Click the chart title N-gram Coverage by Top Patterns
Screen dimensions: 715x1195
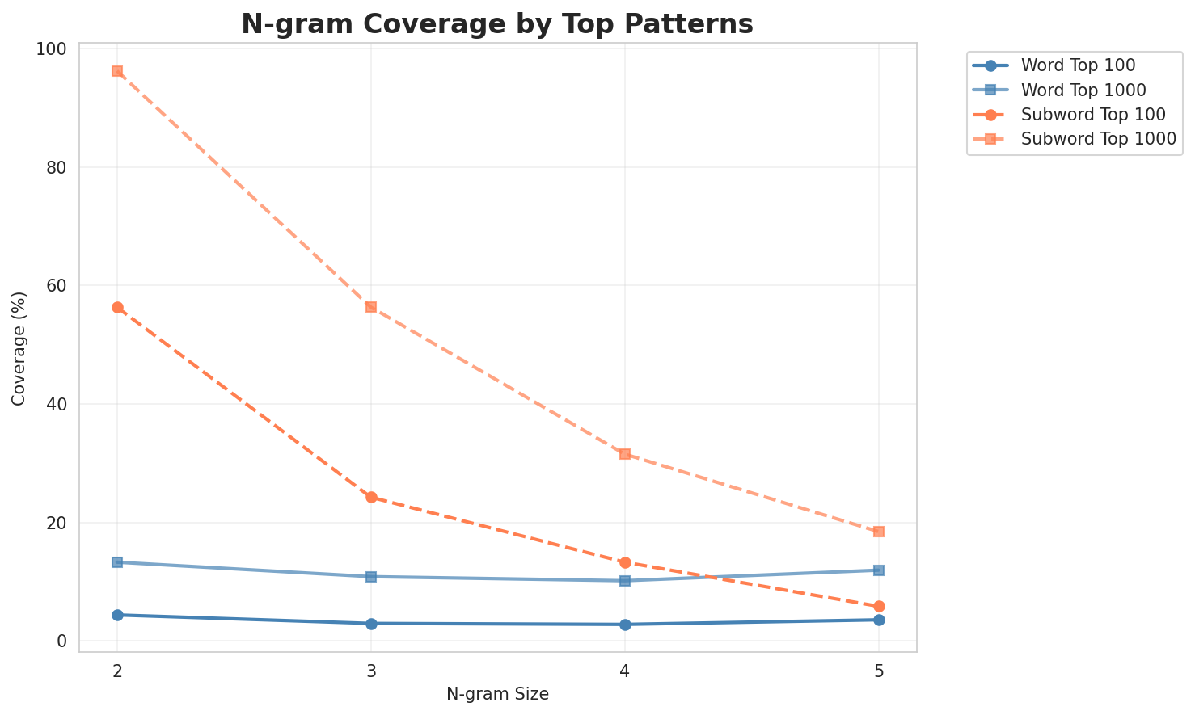(x=497, y=24)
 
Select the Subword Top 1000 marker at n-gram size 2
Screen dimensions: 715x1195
(x=117, y=71)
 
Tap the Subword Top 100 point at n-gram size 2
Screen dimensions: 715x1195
(x=117, y=307)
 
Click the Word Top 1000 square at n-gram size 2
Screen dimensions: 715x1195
(x=117, y=562)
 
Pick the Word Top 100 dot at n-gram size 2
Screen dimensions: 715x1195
(x=117, y=615)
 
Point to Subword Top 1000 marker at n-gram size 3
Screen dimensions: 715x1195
(x=371, y=307)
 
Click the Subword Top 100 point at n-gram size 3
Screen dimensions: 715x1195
(x=371, y=497)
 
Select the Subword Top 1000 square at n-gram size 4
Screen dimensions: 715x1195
(x=625, y=454)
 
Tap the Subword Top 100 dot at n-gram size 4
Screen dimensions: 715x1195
(x=625, y=562)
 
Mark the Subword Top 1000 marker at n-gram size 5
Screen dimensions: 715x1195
(x=879, y=532)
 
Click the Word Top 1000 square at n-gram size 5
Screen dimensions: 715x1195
(x=879, y=570)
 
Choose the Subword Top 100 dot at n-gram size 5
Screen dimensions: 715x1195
(x=879, y=606)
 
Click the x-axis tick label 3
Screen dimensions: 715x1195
(x=371, y=671)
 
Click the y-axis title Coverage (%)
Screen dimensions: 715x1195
(x=19, y=347)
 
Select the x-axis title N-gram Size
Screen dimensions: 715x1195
(x=497, y=694)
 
